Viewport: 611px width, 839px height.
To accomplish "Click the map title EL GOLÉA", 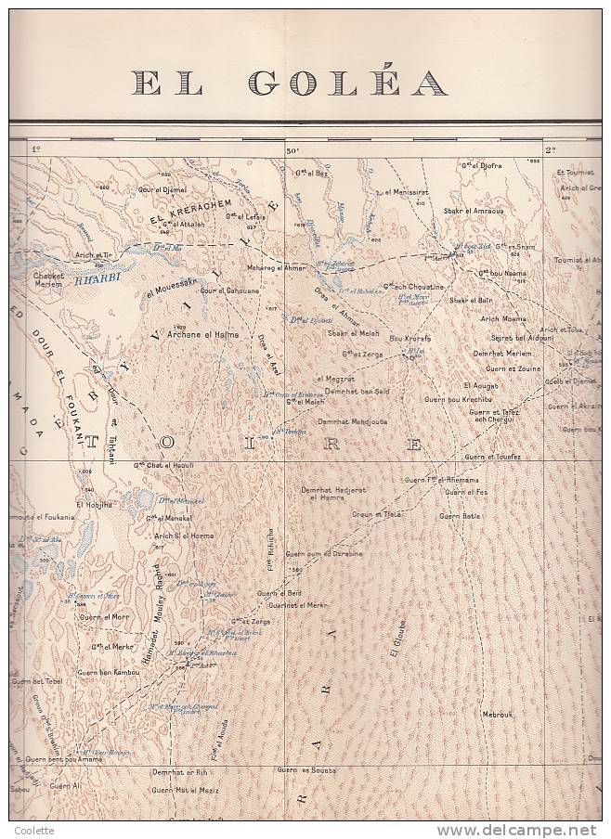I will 290,84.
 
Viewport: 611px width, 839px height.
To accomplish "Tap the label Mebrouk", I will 497,714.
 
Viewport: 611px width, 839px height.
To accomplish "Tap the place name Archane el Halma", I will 202,334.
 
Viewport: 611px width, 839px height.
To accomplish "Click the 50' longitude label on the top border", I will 292,149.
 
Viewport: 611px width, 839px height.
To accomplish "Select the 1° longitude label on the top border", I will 38,149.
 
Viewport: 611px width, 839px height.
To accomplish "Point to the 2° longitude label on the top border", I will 550,149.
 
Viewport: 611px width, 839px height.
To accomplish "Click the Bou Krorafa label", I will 409,339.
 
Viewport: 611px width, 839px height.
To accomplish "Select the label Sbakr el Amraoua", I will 474,211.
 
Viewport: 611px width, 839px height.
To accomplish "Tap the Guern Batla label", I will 460,516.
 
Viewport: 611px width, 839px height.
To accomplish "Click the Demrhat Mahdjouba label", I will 353,420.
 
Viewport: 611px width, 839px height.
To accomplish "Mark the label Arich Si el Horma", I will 183,536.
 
